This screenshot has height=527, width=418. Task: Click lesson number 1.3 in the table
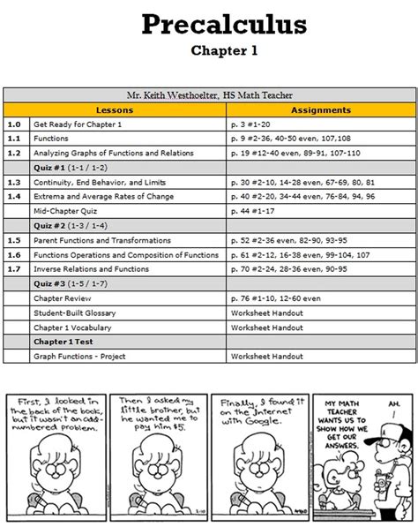point(13,182)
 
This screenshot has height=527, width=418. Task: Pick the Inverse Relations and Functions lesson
point(91,267)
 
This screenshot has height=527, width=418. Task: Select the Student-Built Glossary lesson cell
point(77,311)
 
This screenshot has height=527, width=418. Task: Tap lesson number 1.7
point(13,267)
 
